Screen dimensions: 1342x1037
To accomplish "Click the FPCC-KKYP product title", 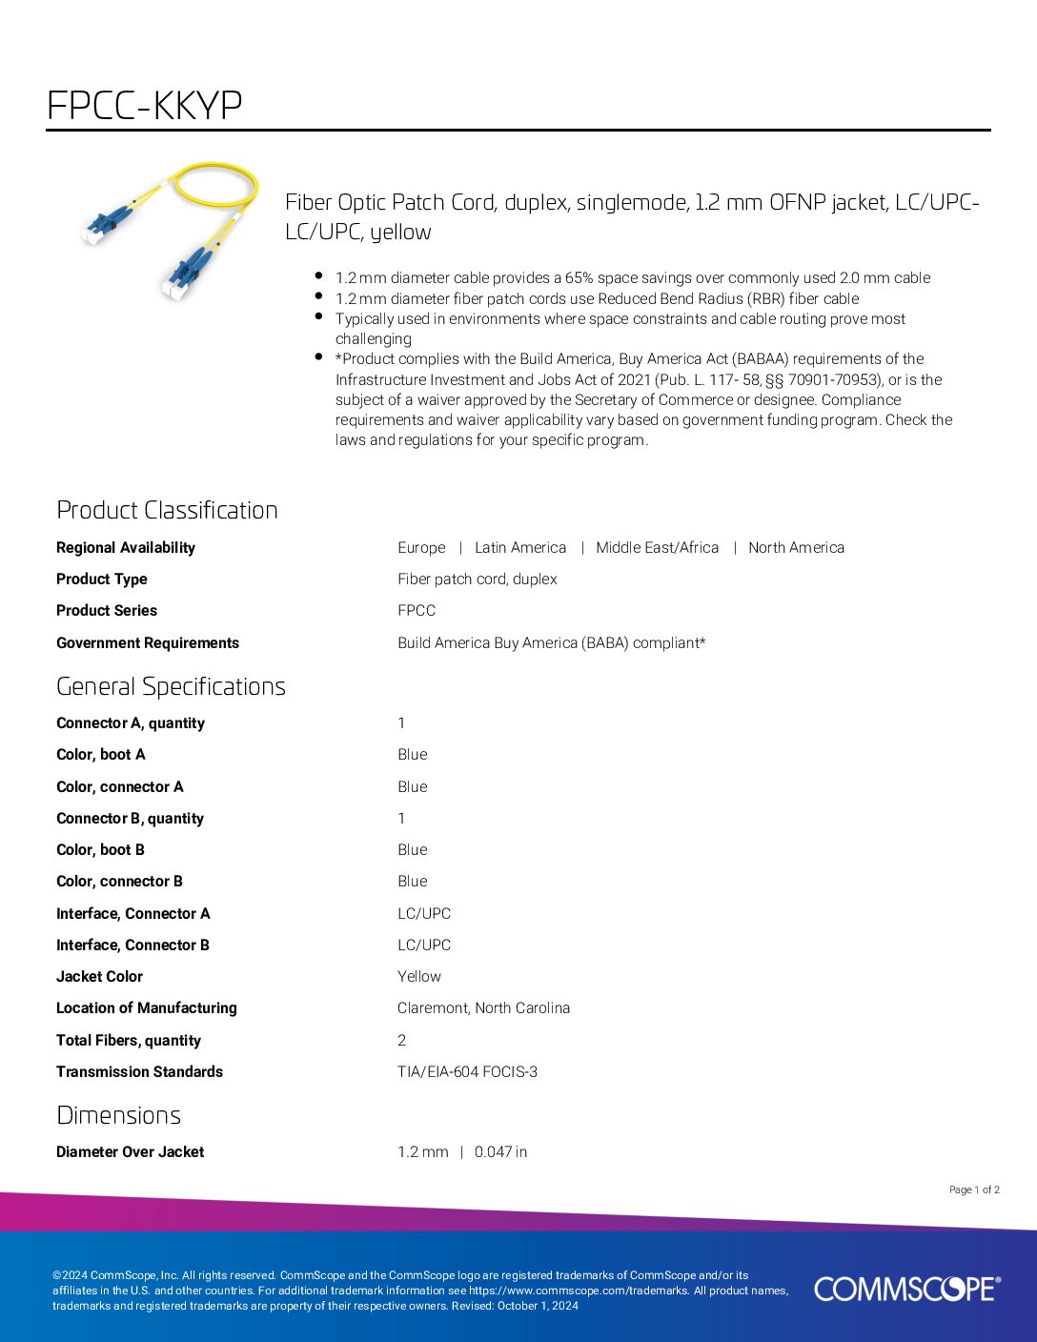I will [x=145, y=105].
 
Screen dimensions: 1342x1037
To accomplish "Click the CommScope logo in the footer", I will [x=906, y=1289].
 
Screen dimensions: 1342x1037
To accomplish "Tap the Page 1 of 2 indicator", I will [x=974, y=1189].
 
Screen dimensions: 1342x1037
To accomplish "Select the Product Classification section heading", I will [x=167, y=510].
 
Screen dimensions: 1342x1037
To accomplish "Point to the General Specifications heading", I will [x=171, y=686].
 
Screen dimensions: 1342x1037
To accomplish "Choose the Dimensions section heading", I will [x=118, y=1115].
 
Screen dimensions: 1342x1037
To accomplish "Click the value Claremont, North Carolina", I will [x=483, y=1007].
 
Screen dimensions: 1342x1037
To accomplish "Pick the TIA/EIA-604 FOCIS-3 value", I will [x=467, y=1071].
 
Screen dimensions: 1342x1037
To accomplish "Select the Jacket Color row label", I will [x=99, y=976].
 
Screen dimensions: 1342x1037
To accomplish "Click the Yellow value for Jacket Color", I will [x=419, y=976].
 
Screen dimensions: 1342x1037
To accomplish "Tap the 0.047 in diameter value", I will [x=500, y=1151].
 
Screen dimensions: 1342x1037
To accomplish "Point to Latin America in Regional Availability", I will [x=520, y=547].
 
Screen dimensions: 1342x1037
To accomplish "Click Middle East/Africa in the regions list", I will [x=657, y=547].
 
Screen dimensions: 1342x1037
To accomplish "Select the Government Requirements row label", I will [x=148, y=642].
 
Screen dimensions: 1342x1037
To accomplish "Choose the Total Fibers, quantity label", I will [x=129, y=1040].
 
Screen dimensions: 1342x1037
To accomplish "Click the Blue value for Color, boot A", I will [x=413, y=754].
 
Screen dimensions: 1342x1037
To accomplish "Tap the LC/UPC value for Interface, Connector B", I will [x=424, y=945].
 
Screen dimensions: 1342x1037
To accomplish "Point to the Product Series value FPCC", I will [x=417, y=610].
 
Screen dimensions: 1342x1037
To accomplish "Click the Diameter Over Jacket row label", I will [x=130, y=1151].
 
